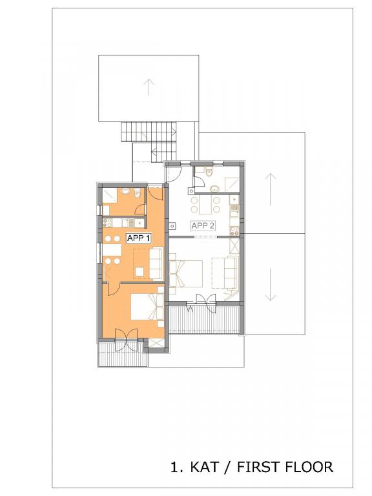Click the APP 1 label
(138, 238)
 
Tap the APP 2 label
(203, 225)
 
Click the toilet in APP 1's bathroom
(137, 193)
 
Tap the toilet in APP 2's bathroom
(209, 172)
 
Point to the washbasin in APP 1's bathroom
(126, 191)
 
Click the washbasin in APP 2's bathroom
(216, 189)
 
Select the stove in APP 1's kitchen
(107, 223)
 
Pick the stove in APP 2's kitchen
(234, 231)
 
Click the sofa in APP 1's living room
(155, 263)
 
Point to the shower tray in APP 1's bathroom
(110, 196)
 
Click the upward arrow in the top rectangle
(149, 87)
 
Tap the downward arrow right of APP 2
(271, 285)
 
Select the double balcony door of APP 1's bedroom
(126, 340)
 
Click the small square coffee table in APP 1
(139, 272)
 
